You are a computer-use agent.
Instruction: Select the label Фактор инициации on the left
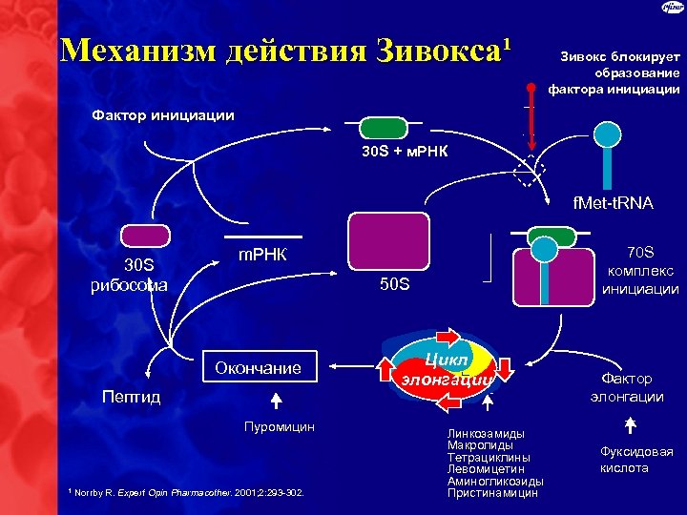pyautogui.click(x=162, y=115)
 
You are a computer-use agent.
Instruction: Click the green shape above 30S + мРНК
pyautogui.click(x=383, y=129)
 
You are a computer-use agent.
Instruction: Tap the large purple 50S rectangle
pyautogui.click(x=388, y=241)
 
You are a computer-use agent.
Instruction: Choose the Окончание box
pyautogui.click(x=258, y=367)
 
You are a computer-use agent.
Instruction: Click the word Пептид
pyautogui.click(x=132, y=395)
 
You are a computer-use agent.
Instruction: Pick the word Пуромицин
pyautogui.click(x=279, y=425)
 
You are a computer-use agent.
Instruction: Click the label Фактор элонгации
pyautogui.click(x=626, y=386)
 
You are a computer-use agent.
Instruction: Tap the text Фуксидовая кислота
pyautogui.click(x=636, y=460)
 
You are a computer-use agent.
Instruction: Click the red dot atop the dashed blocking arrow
pyautogui.click(x=532, y=89)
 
